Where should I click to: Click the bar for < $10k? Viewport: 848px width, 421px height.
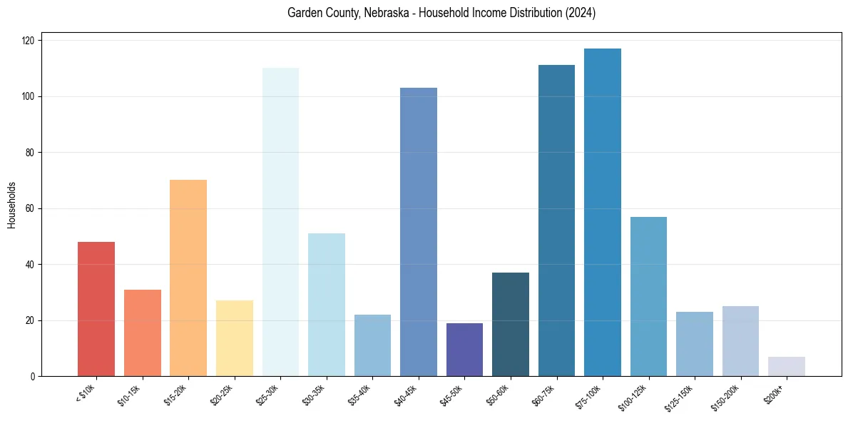(96, 309)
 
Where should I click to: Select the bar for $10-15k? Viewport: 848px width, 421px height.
(143, 333)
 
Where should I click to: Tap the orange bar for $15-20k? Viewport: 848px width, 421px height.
(188, 278)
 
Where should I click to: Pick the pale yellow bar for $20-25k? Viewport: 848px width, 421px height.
(235, 338)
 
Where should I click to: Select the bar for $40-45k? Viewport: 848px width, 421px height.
(419, 232)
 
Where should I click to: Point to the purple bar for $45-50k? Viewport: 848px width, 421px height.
(464, 350)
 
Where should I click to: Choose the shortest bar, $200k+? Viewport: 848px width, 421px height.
(787, 366)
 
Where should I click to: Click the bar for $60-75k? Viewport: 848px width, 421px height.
(556, 220)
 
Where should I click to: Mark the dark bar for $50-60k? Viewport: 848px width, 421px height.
(511, 324)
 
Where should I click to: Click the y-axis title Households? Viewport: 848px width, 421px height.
(11, 204)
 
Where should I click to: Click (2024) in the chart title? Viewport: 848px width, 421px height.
(579, 13)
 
